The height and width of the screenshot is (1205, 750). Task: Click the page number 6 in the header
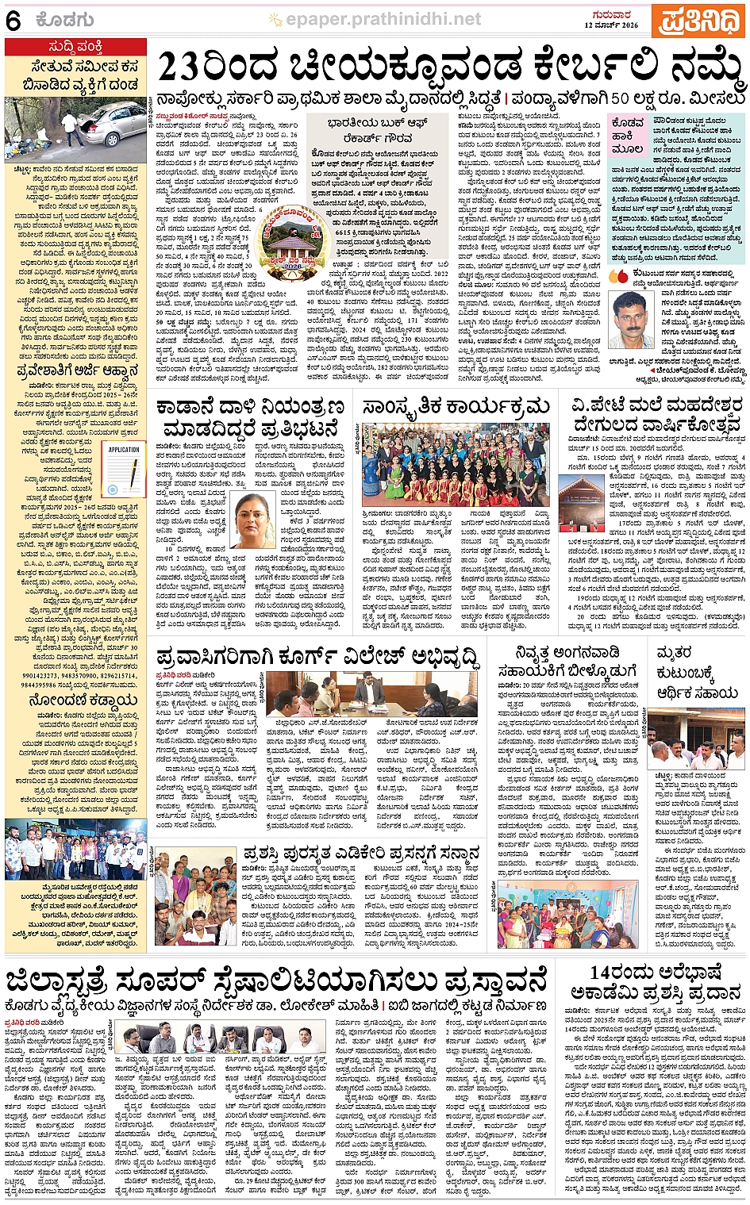pyautogui.click(x=13, y=20)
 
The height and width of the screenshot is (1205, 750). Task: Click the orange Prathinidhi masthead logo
pyautogui.click(x=696, y=20)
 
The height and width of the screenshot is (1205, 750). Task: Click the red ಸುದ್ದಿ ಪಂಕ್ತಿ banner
pyautogui.click(x=75, y=47)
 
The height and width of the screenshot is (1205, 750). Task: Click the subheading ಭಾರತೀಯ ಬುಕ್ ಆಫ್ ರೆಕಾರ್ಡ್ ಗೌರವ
pyautogui.click(x=379, y=129)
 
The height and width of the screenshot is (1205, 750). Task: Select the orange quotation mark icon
pyautogui.click(x=617, y=277)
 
